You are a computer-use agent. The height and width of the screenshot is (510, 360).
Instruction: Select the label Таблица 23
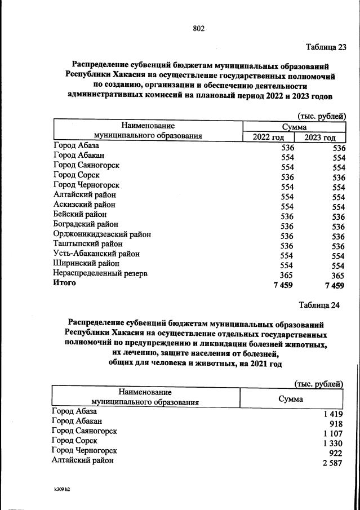[x=326, y=47]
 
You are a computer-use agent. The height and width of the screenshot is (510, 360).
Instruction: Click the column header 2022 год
[x=269, y=138]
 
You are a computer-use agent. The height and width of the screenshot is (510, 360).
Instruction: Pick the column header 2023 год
[x=320, y=138]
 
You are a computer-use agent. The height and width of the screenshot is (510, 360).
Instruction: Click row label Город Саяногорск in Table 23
[x=86, y=165]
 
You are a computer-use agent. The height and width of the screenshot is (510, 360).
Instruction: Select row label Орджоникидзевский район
[x=102, y=234]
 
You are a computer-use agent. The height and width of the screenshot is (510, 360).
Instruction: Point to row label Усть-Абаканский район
[x=96, y=254]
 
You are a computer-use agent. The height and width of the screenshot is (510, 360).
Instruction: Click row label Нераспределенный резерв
[x=100, y=274]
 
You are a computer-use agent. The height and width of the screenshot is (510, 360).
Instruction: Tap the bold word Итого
[x=65, y=283]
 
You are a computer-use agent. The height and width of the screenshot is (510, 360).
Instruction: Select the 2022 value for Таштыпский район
[x=287, y=246]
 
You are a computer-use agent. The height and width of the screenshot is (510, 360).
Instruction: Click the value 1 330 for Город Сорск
[x=331, y=444]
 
